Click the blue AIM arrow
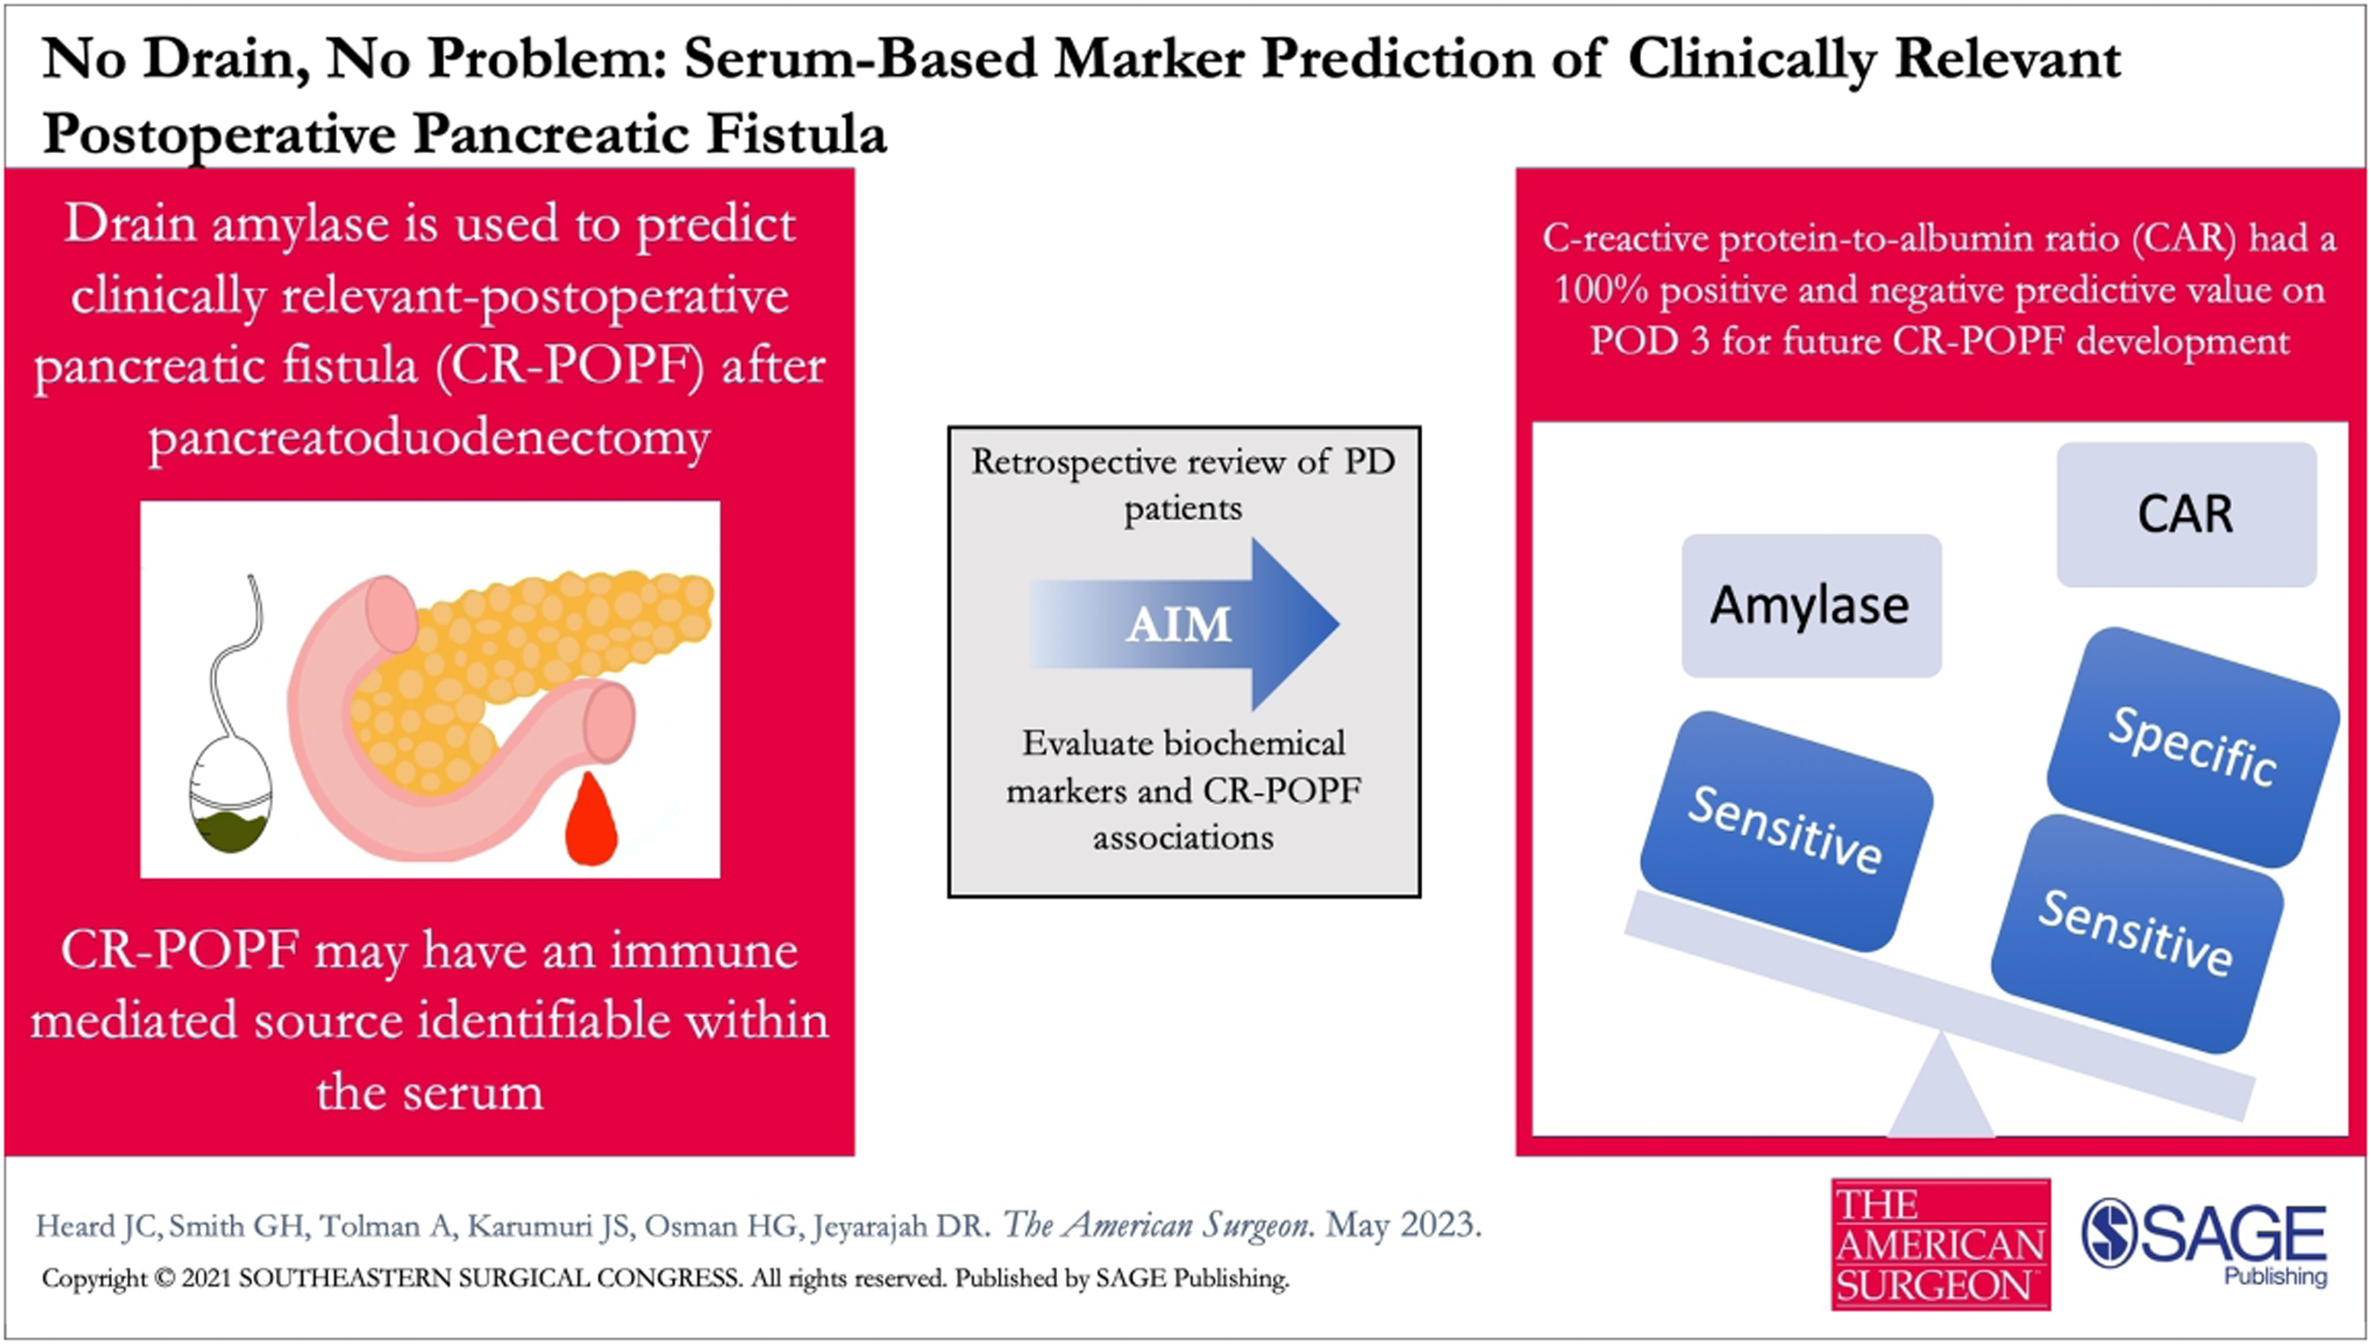[x=1184, y=625]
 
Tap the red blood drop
[x=591, y=820]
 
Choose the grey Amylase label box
[x=1811, y=605]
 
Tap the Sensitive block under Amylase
[x=1786, y=831]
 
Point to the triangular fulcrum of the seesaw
[x=1940, y=1089]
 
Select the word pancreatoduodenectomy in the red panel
[x=429, y=437]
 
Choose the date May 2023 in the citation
[x=1404, y=1225]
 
